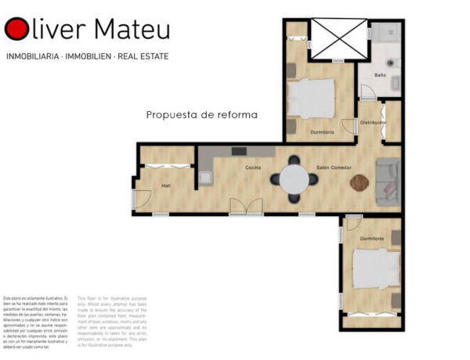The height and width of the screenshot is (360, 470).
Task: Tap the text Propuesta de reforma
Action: [202, 114]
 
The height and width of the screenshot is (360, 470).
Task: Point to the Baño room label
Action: [380, 75]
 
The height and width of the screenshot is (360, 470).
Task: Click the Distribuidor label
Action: [373, 123]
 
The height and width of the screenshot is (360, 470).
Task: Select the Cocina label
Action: [253, 168]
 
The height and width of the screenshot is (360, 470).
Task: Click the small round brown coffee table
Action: [358, 182]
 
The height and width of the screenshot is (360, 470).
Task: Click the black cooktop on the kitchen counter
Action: [239, 151]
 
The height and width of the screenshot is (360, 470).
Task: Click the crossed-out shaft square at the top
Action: [338, 38]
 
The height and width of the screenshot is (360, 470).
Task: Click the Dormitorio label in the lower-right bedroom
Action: [372, 238]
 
